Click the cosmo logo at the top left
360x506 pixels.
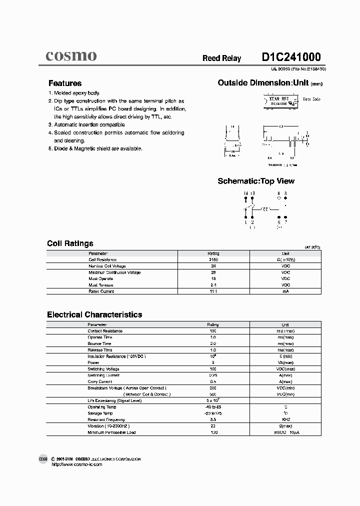coord(71,56)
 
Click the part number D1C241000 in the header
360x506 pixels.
coord(291,57)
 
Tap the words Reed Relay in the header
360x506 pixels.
coord(221,58)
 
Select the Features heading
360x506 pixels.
coord(65,83)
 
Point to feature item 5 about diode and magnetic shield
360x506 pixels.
coord(95,148)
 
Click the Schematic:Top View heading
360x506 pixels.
coord(256,181)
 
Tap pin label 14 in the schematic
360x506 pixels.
coord(245,193)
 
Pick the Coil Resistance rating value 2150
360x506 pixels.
coord(213,260)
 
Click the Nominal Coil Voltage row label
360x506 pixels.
coord(107,266)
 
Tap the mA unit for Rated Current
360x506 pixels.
coord(285,291)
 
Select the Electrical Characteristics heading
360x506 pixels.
coord(94,314)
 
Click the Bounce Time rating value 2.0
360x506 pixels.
coord(213,343)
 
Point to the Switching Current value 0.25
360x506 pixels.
coord(213,375)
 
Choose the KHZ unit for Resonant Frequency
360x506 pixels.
coord(285,419)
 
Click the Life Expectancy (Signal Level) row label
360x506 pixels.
coord(114,400)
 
